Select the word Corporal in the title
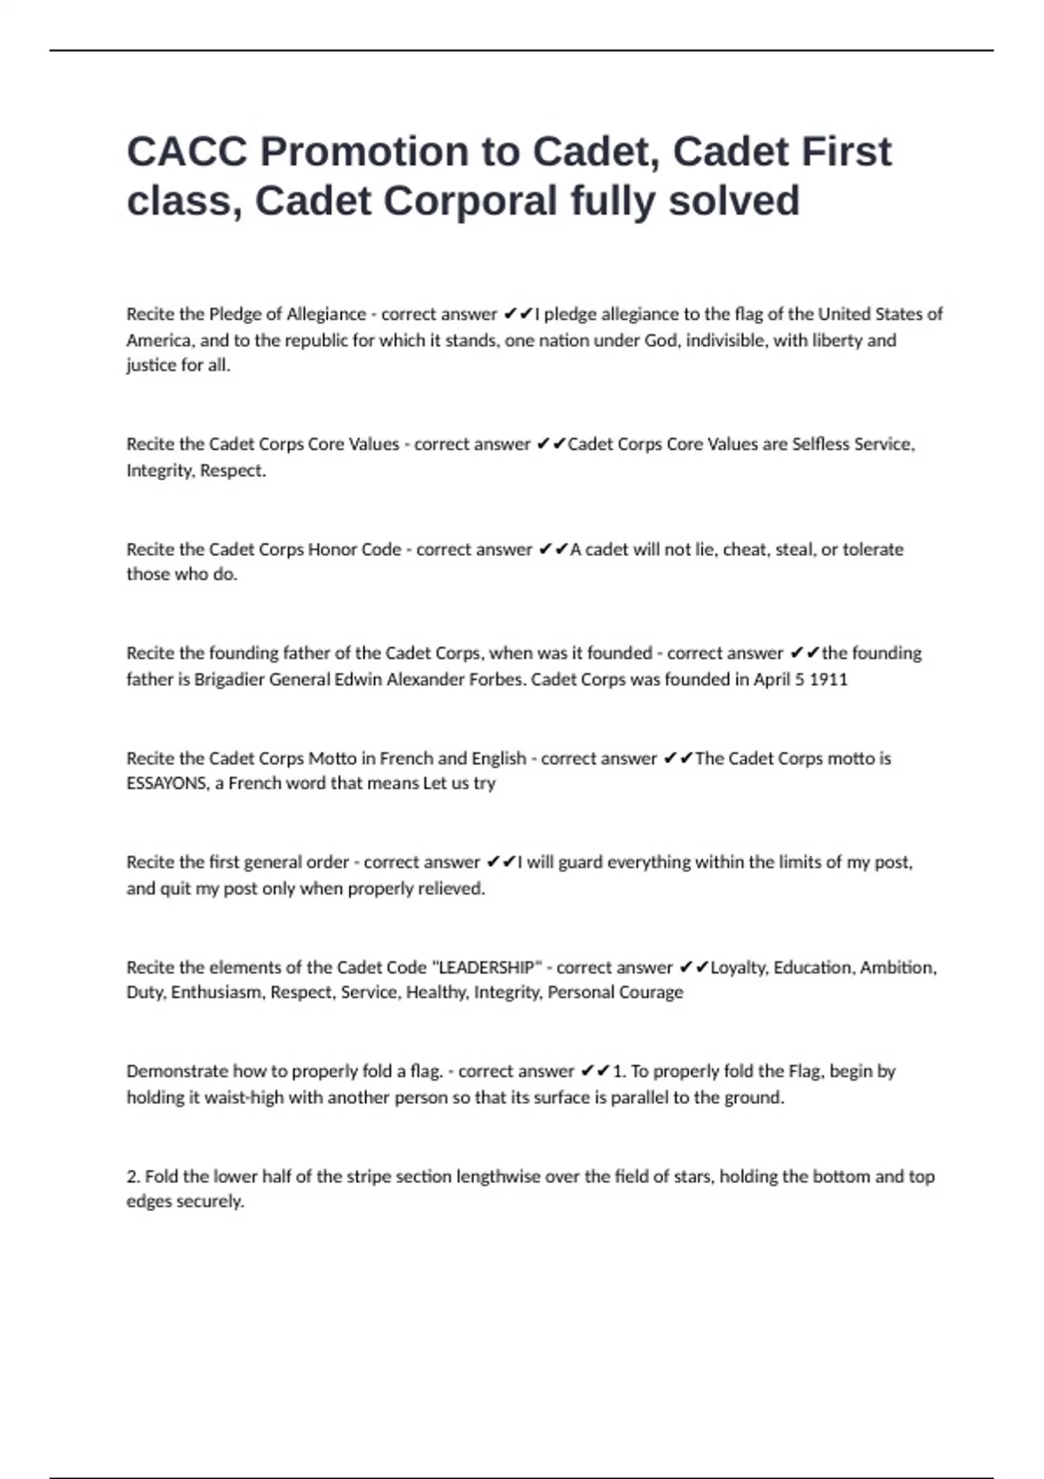click(x=470, y=201)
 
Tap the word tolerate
click(x=873, y=549)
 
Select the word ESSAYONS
click(x=167, y=783)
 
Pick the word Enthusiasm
click(x=217, y=993)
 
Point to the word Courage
click(x=650, y=993)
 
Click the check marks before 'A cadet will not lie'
click(x=553, y=549)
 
